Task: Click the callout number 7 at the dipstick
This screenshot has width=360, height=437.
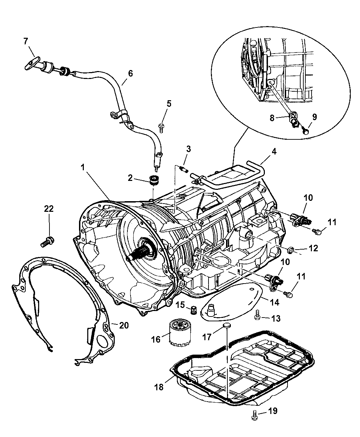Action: (x=26, y=41)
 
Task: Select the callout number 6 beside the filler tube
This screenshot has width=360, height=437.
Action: (x=130, y=73)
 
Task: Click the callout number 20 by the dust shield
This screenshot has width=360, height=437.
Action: (x=124, y=324)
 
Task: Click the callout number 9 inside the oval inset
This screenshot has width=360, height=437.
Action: (x=315, y=117)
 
